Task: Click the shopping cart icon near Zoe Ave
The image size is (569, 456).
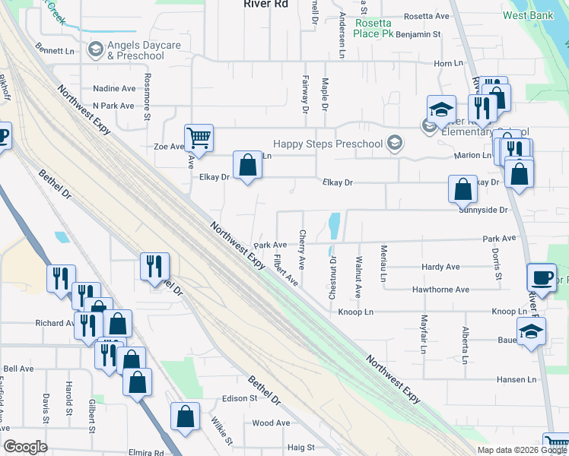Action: click(x=199, y=138)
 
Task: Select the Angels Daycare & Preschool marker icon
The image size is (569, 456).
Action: click(x=96, y=50)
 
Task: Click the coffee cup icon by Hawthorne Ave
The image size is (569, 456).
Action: click(x=541, y=277)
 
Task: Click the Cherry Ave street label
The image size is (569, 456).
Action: click(x=303, y=249)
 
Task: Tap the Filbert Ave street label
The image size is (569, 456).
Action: click(x=286, y=269)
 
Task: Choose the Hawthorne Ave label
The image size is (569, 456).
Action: click(x=440, y=290)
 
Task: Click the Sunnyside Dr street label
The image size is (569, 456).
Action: click(x=483, y=210)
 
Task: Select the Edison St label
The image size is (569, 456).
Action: click(x=240, y=398)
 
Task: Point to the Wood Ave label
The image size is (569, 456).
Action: click(x=271, y=423)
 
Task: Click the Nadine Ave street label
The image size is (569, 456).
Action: click(x=113, y=88)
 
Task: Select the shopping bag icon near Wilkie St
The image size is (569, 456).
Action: click(x=185, y=416)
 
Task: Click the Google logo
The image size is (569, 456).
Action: click(x=25, y=447)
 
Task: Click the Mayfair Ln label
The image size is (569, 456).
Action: click(x=424, y=328)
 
